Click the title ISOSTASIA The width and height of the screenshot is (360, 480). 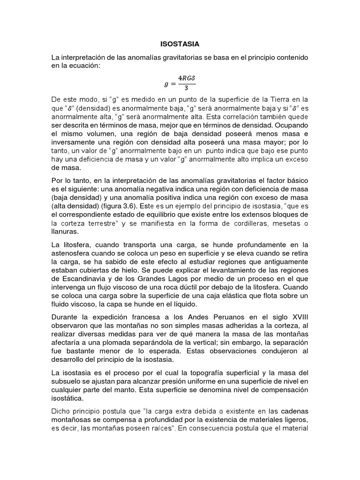(x=180, y=44)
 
